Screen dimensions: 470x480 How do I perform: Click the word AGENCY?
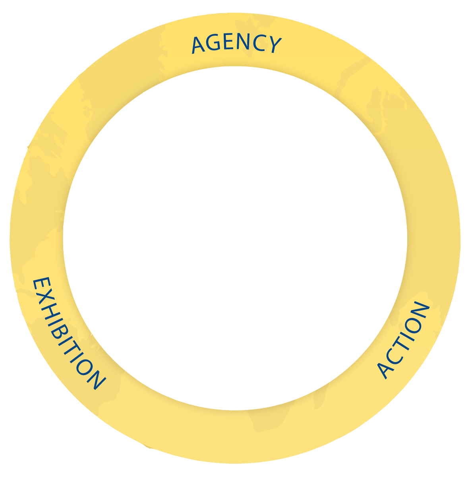[x=237, y=44]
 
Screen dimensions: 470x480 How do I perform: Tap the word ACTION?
[x=403, y=340]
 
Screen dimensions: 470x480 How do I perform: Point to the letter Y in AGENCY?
[x=274, y=45]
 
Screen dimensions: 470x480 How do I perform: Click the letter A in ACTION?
[x=385, y=370]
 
